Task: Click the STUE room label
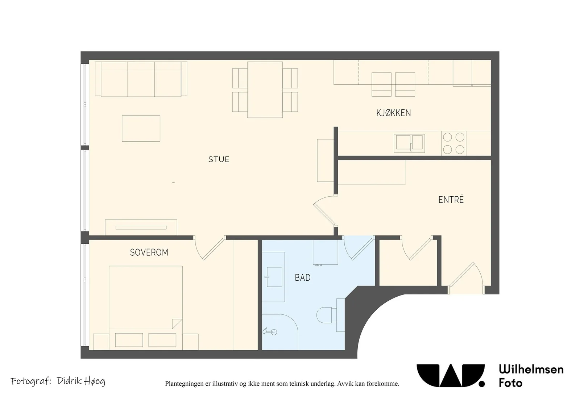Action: [x=219, y=159]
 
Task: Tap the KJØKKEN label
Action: [x=394, y=113]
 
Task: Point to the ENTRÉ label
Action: [x=451, y=200]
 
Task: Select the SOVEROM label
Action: [x=149, y=252]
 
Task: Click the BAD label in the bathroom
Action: [x=302, y=277]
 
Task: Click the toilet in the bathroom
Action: [x=330, y=315]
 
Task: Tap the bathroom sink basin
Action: [x=274, y=277]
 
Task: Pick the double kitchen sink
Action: [x=409, y=143]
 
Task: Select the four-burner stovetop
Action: [x=453, y=143]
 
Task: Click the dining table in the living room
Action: [x=265, y=90]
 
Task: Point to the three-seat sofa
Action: [x=141, y=79]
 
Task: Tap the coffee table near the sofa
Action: [x=141, y=129]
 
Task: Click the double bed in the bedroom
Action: [x=146, y=308]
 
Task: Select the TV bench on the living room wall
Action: [x=141, y=227]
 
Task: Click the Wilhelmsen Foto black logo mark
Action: [x=451, y=375]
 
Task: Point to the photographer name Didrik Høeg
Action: [x=81, y=381]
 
